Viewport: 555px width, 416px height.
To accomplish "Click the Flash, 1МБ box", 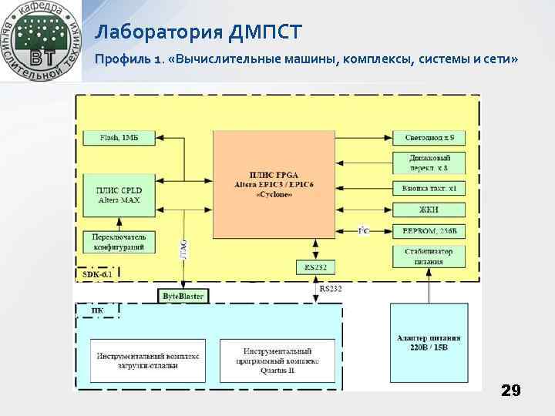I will (119, 138).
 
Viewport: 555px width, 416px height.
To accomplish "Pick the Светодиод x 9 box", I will (429, 138).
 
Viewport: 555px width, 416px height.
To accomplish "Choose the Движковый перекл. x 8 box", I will (429, 163).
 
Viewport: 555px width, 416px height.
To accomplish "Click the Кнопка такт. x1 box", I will (429, 188).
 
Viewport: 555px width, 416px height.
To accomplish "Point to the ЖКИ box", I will (429, 210).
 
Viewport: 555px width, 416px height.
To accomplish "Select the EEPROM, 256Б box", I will (429, 231).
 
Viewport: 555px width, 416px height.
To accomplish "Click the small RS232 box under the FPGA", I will (316, 267).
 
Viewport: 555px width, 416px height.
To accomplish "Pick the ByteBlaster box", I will (183, 296).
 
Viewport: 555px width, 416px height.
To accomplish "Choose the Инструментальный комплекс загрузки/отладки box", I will (148, 361).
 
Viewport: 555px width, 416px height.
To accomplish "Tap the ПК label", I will (97, 310).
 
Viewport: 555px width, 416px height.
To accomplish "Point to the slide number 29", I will (510, 391).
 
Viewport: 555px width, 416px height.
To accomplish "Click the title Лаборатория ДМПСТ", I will (199, 32).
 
